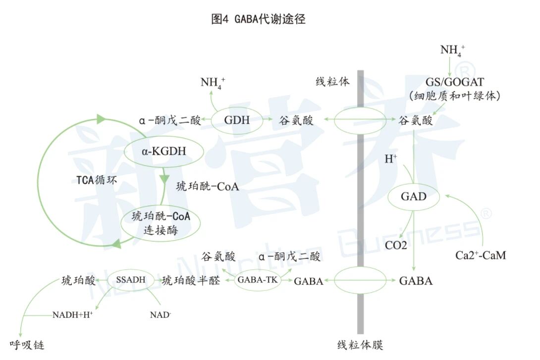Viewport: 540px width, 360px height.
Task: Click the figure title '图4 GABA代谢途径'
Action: point(258,19)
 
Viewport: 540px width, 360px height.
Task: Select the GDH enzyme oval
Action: point(237,120)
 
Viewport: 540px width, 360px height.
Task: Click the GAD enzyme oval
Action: point(414,197)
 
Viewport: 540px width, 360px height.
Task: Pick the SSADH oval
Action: point(131,280)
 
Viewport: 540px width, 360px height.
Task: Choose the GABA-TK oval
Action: point(257,280)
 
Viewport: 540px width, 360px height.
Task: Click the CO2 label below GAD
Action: point(396,246)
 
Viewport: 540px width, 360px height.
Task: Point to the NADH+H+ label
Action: point(73,314)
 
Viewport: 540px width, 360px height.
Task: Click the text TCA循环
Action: point(97,180)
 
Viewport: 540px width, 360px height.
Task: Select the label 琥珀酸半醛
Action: point(191,281)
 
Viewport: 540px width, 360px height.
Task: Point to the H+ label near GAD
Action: point(391,159)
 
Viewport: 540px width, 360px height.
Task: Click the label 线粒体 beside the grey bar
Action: point(333,82)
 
